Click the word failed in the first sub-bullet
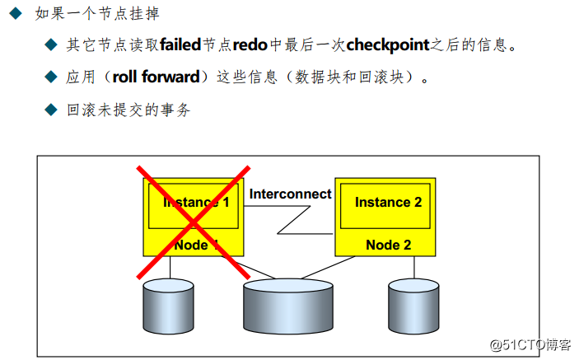[x=180, y=44]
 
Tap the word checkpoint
[x=387, y=44]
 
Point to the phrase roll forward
[x=156, y=77]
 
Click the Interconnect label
[x=290, y=194]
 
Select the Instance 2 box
[x=388, y=203]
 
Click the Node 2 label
[x=388, y=245]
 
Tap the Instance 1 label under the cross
[x=196, y=203]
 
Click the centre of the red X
[x=194, y=221]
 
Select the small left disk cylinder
[x=169, y=306]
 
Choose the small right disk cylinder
[x=414, y=306]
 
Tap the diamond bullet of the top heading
[x=15, y=14]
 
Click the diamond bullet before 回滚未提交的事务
[x=51, y=110]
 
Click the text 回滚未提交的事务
[x=128, y=110]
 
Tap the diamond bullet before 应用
[x=51, y=77]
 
